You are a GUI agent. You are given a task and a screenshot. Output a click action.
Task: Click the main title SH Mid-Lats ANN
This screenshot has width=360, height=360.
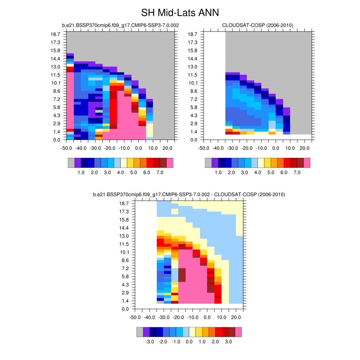pos(180,13)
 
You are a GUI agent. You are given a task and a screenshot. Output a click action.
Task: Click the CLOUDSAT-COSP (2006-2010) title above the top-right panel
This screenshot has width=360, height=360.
pos(258,25)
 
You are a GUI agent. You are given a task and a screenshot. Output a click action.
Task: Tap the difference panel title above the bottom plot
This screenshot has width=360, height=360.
pos(189,194)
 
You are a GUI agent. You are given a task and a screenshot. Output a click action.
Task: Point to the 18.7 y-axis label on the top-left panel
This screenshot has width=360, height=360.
pos(56,34)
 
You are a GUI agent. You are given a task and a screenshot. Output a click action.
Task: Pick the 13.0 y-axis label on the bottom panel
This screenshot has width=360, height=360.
pos(124,236)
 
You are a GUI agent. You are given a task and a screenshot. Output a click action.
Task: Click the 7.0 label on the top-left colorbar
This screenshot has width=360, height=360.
pos(160,173)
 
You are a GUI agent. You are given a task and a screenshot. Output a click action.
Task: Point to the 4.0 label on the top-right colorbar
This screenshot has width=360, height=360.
pos(258,173)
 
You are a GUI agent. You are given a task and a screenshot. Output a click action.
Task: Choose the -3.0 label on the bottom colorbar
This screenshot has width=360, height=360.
pos(150,342)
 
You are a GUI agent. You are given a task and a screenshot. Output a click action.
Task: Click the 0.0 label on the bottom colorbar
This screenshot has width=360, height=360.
pos(189,342)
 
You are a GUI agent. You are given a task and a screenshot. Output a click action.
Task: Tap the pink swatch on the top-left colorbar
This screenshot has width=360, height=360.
pos(170,163)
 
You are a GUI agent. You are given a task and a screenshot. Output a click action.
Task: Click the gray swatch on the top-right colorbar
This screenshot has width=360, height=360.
pos(208,163)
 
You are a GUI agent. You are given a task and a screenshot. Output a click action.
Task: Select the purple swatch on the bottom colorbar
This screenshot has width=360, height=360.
pos(146,332)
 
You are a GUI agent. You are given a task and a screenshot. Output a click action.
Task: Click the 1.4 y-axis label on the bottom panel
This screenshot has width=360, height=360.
pos(124,301)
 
